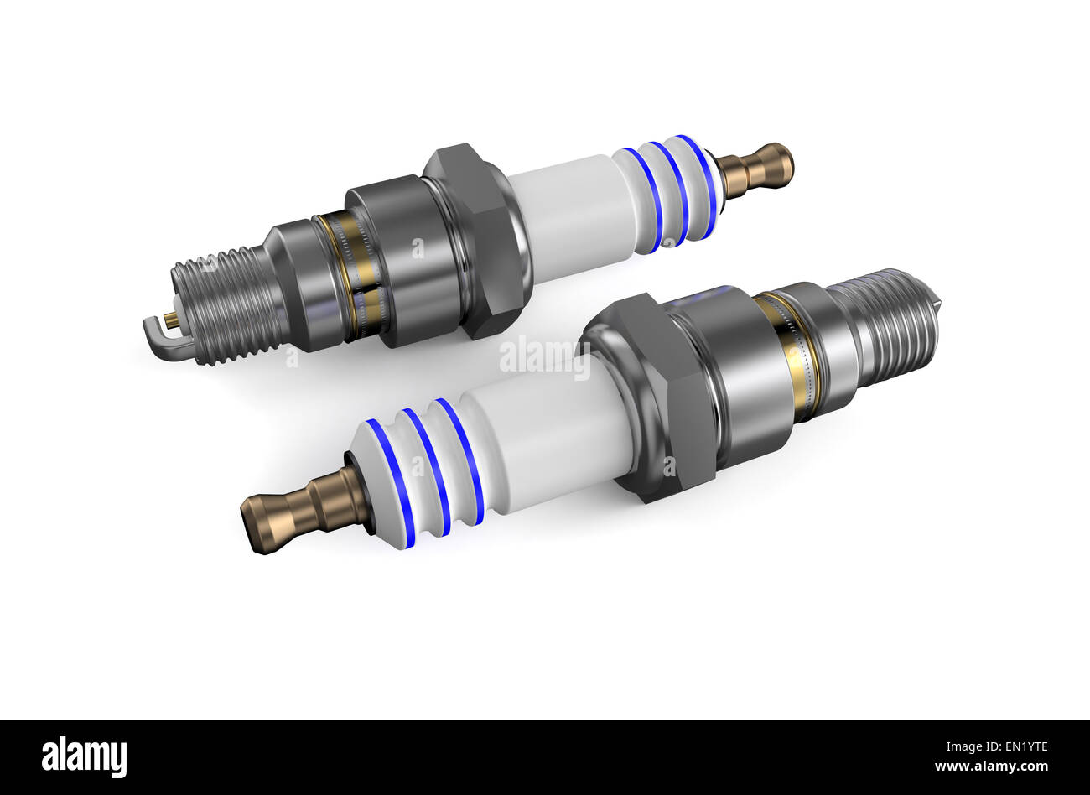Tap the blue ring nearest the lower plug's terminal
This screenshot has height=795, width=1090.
tap(392, 483)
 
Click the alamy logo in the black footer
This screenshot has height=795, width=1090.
tap(85, 757)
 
